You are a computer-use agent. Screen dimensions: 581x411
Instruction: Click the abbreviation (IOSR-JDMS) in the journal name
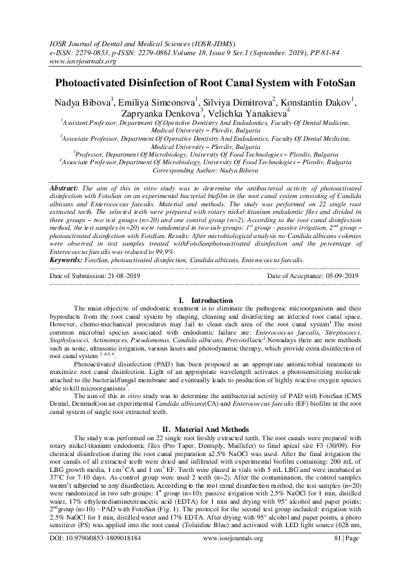[219, 43]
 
